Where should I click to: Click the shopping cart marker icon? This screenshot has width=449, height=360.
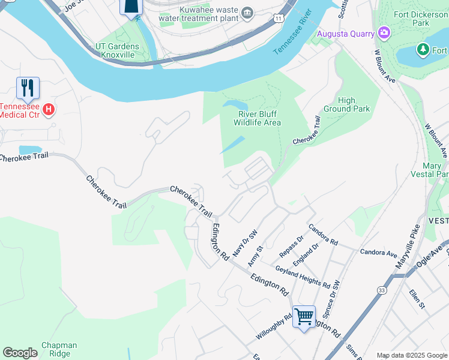pyautogui.click(x=304, y=316)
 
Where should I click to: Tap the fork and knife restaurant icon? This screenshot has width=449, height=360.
pyautogui.click(x=28, y=89)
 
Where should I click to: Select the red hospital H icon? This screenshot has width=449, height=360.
pyautogui.click(x=49, y=110)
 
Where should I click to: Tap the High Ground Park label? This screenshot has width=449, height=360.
pyautogui.click(x=355, y=104)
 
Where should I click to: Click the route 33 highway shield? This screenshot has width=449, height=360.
pyautogui.click(x=382, y=290)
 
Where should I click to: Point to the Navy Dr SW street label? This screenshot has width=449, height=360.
pyautogui.click(x=244, y=243)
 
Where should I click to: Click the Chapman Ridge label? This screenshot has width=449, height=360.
pyautogui.click(x=59, y=349)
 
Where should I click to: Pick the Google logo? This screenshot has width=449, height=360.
pyautogui.click(x=20, y=353)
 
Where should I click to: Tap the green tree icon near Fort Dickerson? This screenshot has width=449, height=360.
pyautogui.click(x=423, y=49)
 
